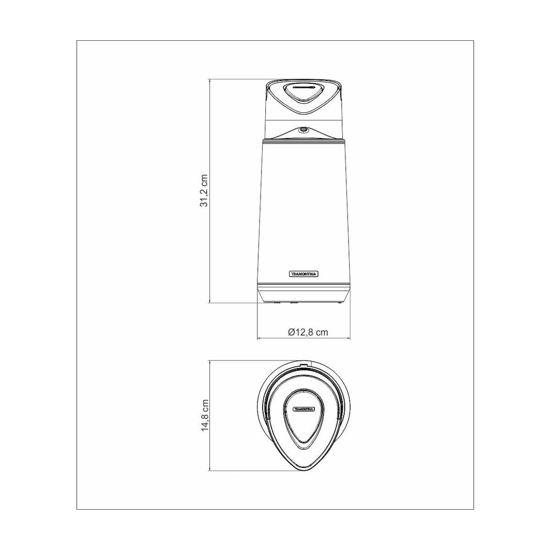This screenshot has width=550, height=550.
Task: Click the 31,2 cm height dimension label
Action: pos(204,191)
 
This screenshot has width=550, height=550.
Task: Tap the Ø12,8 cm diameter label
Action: pos(308,332)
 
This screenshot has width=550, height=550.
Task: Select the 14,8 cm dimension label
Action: pos(205,415)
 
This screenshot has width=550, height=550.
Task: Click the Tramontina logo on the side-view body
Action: pos(304,274)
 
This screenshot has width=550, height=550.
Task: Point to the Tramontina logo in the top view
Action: pos(304,409)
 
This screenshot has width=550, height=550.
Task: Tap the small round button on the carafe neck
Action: pos(303,130)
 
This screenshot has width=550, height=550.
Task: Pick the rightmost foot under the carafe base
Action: pos(339,301)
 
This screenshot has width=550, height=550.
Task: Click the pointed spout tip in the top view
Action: pos(304,469)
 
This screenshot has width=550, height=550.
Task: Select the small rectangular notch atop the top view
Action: pos(304,364)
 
